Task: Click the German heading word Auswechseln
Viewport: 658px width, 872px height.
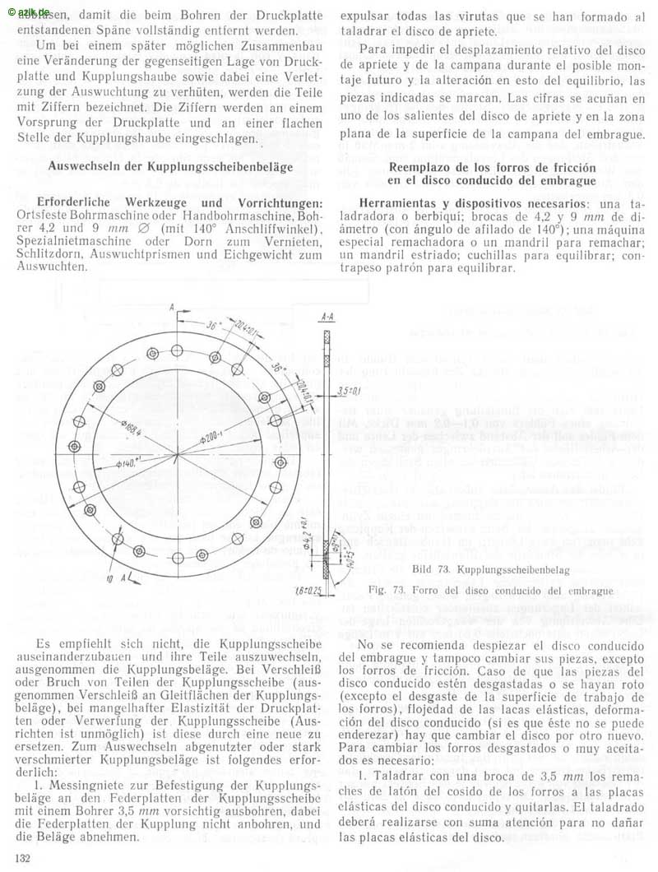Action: pos(86,166)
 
